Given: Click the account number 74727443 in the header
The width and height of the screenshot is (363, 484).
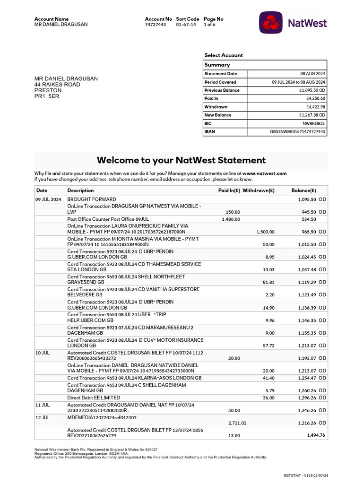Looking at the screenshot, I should pos(155,25).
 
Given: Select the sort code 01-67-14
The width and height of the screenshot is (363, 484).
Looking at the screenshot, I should pos(186,25).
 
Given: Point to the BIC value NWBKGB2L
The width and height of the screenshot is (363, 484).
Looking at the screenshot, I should pos(314,123).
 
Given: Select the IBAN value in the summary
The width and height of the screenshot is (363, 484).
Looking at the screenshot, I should pos(297,132).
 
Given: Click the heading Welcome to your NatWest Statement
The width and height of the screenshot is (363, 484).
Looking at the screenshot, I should pos(181,160).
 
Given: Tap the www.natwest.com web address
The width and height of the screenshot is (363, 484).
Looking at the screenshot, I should pos(265,173).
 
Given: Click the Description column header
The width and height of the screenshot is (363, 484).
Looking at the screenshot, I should pos(80,190).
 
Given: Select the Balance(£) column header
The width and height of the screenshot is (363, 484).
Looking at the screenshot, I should pos(303,190).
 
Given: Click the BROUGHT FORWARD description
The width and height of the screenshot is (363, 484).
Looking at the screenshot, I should pos(91,199).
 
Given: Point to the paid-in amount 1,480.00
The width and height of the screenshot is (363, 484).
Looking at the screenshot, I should pos(231,219).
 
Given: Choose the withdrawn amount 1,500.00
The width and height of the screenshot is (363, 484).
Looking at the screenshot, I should pos(265,232).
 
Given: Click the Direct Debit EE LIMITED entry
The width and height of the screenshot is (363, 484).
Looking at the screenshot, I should pos(94,398).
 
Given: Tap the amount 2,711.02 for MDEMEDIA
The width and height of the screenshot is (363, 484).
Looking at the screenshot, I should pos(231,423).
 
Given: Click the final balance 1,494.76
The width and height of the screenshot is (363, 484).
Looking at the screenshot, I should pos(313,435).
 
